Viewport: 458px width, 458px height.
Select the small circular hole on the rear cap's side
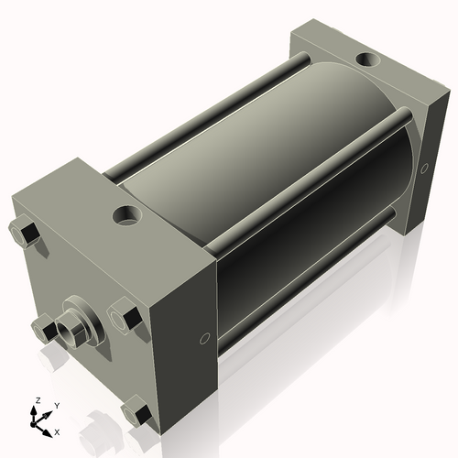tap(423, 168)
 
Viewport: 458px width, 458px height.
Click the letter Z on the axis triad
tap(37, 400)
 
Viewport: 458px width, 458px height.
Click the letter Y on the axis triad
tap(56, 405)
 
